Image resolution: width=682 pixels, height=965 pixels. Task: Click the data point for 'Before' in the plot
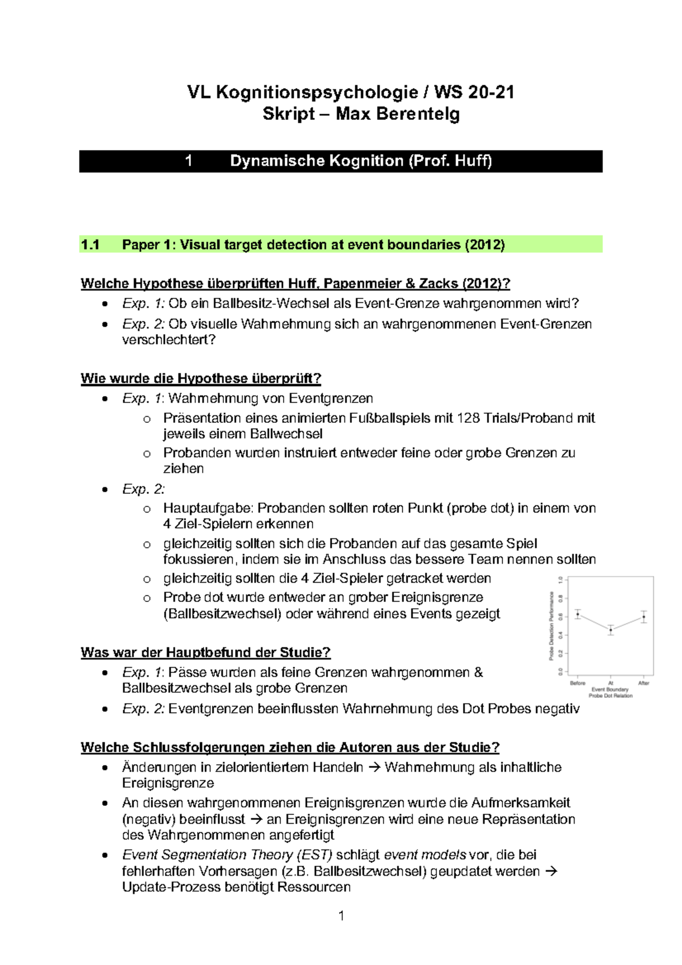tap(577, 614)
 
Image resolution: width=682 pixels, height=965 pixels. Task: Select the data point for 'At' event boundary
tap(611, 630)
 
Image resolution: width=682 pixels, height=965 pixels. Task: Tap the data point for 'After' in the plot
tap(644, 617)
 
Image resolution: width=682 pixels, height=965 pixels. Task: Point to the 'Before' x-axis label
tap(577, 683)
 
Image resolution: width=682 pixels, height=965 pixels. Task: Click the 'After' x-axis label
tap(643, 683)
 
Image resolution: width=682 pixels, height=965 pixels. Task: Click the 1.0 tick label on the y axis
tap(560, 580)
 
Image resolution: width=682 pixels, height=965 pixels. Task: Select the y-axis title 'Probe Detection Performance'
tap(551, 625)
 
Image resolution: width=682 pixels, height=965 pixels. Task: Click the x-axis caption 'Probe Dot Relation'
tap(610, 696)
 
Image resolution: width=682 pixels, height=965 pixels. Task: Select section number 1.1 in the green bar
tap(90, 245)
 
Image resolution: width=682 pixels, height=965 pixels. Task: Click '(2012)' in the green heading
tap(484, 245)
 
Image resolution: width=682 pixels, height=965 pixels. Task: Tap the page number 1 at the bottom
tap(341, 916)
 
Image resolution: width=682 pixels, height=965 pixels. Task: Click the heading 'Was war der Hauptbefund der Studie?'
tap(205, 652)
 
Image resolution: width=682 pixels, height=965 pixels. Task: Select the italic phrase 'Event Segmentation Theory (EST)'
tap(227, 855)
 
